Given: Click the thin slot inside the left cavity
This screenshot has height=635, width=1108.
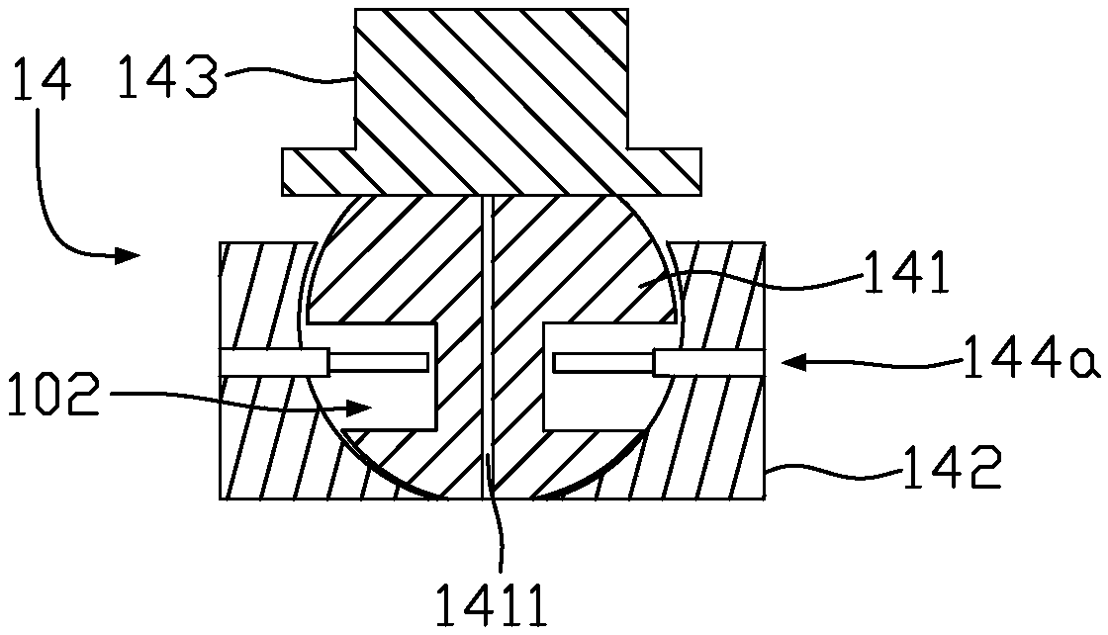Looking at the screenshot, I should (x=380, y=363).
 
